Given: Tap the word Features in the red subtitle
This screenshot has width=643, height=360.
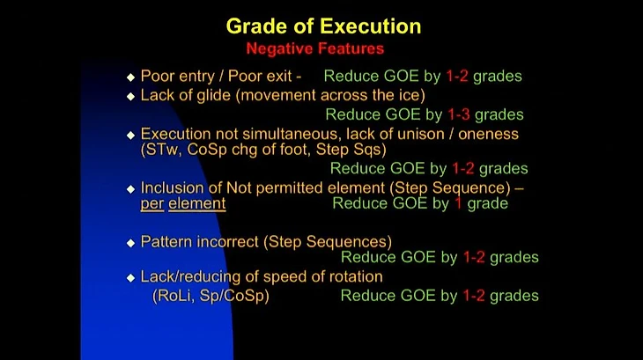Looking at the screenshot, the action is [x=351, y=48].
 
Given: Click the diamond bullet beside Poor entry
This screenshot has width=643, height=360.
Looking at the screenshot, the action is [x=131, y=77].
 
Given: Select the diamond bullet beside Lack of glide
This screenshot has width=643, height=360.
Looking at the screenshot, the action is [x=131, y=96].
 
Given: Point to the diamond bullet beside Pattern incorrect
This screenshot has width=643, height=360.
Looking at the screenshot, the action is [x=131, y=243].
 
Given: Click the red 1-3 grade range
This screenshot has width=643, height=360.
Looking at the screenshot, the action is [x=458, y=114].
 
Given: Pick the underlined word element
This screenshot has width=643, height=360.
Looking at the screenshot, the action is [x=196, y=203].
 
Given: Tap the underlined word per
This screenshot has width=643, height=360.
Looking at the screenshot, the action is [x=152, y=204].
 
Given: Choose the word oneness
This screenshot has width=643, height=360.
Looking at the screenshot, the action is [x=488, y=135].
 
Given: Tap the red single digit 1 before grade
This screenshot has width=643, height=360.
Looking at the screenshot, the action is [x=458, y=203].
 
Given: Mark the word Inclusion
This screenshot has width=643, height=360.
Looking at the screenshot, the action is [x=172, y=188].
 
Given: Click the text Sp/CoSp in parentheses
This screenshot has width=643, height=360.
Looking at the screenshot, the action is [x=233, y=296].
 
